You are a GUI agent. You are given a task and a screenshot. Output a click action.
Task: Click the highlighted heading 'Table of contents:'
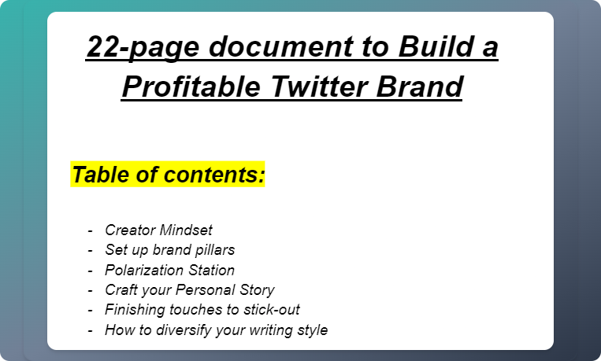point(168,175)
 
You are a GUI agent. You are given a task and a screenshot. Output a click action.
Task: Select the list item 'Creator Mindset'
point(158,230)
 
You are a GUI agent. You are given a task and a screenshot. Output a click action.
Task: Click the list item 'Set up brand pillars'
point(169,250)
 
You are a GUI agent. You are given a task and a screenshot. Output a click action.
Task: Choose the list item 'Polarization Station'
point(169,270)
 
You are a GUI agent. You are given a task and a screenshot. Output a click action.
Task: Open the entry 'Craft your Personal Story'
point(189,289)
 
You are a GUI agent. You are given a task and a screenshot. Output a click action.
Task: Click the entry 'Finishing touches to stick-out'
point(202,309)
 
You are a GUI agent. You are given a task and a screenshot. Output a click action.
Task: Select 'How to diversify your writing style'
point(216,330)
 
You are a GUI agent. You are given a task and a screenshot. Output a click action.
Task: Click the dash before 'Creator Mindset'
point(91,230)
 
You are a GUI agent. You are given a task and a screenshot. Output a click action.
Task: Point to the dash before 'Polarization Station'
point(91,270)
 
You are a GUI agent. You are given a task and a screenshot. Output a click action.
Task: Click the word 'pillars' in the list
point(215,250)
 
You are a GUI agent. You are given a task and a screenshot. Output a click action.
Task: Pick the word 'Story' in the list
point(256,289)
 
